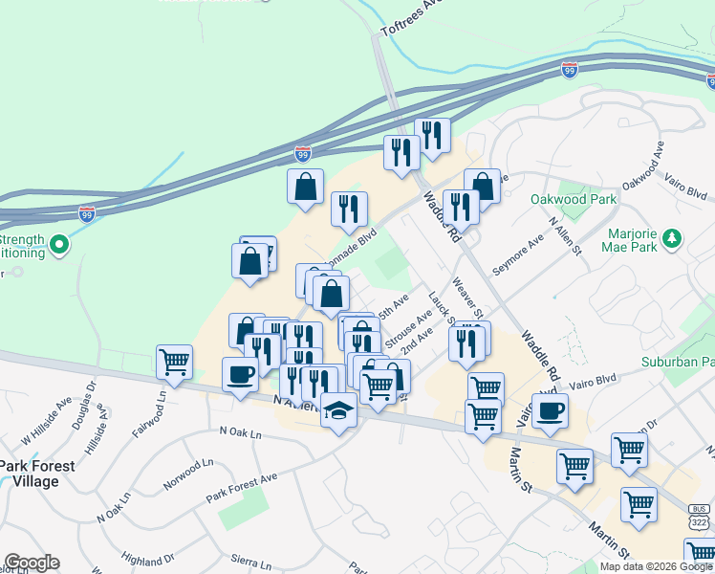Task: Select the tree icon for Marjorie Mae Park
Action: [674, 238]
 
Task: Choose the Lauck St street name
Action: [441, 308]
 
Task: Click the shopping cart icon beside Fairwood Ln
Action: [175, 362]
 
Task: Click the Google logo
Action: [32, 563]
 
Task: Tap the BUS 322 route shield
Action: [698, 517]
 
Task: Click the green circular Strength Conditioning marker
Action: [59, 245]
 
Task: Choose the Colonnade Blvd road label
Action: [350, 246]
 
